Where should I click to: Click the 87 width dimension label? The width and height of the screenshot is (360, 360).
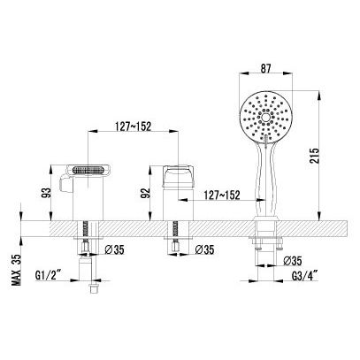coord(265,69)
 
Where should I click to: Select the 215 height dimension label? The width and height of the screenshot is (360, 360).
coord(314,156)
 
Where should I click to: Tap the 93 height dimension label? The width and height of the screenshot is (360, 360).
coord(47,193)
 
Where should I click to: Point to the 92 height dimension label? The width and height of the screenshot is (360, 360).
coord(146,193)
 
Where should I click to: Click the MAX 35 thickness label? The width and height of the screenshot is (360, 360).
coord(17,270)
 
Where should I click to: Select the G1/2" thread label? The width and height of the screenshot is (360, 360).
coord(49,276)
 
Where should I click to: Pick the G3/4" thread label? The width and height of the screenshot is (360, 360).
coord(305,276)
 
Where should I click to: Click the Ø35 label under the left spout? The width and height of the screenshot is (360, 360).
coord(114,250)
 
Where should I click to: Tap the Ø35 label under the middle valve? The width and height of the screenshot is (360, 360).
coord(204,250)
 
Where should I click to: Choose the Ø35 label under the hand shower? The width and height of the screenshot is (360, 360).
coord(293,261)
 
